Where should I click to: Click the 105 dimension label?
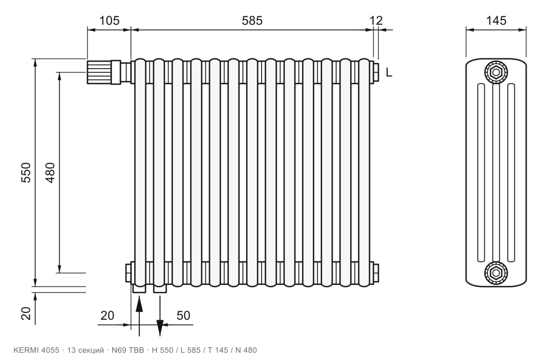tap(109, 21)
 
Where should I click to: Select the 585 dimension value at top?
tap(252, 21)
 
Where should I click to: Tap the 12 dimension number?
tap(376, 21)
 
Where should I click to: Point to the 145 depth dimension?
tap(496, 21)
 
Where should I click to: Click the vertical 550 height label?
tap(26, 172)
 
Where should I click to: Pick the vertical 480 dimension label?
tap(50, 172)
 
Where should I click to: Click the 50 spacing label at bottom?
tap(183, 316)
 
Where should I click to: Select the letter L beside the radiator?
tap(389, 72)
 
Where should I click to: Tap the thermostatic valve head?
tap(103, 72)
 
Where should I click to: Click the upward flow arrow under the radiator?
tap(139, 316)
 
